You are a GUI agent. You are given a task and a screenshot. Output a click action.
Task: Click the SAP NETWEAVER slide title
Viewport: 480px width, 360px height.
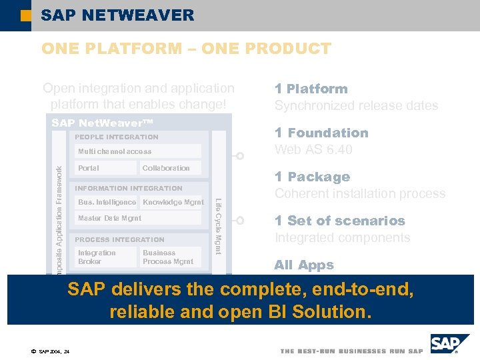117,15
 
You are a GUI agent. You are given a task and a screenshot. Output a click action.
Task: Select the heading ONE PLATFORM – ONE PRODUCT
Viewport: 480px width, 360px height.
186,49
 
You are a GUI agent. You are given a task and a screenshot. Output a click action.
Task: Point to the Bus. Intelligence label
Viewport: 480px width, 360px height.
107,202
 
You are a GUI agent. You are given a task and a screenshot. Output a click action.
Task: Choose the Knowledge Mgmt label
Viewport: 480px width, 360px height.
173,202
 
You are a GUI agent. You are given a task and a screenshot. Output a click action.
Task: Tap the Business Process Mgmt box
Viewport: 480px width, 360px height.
168,257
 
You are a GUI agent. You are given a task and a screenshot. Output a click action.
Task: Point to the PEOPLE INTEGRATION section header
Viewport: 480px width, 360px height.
117,137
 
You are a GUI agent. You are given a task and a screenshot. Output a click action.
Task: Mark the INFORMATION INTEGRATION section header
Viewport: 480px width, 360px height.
129,188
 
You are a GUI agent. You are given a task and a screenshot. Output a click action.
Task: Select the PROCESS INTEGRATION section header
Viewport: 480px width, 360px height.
119,239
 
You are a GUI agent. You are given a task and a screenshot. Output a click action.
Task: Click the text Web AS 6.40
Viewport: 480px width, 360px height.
313,149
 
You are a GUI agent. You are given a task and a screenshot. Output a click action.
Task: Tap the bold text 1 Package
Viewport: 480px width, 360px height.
312,177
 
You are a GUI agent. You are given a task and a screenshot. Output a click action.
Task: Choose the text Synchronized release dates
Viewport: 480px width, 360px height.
356,105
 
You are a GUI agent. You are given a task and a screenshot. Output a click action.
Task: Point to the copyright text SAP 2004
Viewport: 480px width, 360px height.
50,351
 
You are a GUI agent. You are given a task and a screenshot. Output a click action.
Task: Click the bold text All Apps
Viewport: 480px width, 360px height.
303,265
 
